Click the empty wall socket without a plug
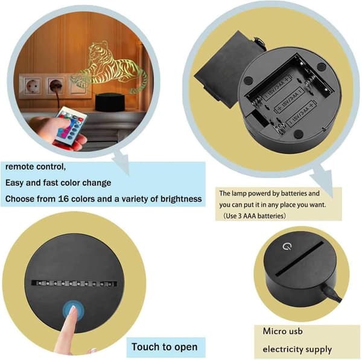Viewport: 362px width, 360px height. pyautogui.click(x=32, y=86)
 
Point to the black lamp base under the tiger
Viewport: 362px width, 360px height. pyautogui.click(x=109, y=102)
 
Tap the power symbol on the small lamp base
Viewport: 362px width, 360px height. pyautogui.click(x=287, y=246)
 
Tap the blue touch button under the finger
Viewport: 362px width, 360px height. pyautogui.click(x=74, y=310)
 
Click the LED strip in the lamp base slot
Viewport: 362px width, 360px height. pyautogui.click(x=74, y=283)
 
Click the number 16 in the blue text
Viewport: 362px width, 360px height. pyautogui.click(x=63, y=199)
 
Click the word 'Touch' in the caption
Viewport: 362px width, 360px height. pyautogui.click(x=145, y=347)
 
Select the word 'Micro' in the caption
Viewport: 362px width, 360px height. pyautogui.click(x=272, y=331)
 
